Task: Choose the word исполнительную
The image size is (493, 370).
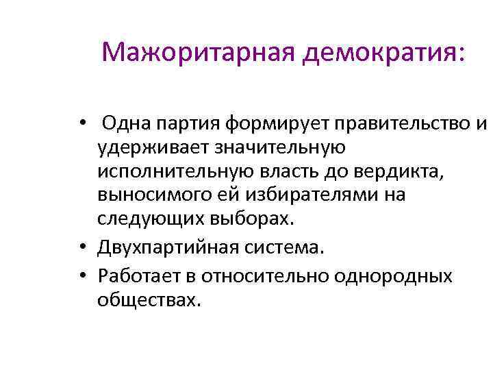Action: (x=179, y=171)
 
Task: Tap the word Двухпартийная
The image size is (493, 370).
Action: (x=173, y=244)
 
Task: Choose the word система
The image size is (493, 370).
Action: (x=287, y=244)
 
